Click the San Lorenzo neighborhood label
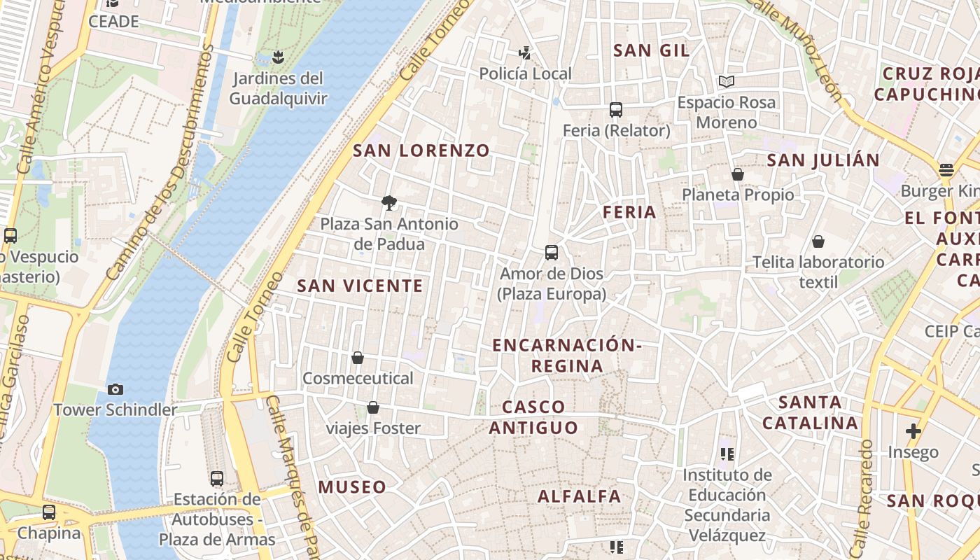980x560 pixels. pos(421,150)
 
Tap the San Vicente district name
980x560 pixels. pos(360,286)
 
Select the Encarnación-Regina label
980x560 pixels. pos(566,356)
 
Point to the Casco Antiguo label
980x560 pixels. pos(533,417)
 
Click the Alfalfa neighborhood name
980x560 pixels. pos(579,496)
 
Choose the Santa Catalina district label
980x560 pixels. pos(810,412)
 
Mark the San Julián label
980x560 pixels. pos(823,160)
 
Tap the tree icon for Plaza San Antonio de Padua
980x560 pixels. pos(389,203)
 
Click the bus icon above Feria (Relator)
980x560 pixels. pos(616,110)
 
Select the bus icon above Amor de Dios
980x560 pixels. pos(552,253)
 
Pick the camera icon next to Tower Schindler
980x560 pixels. pos(115,389)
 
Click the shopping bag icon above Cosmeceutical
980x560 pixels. pos(358,358)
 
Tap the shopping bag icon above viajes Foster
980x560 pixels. pos(373,407)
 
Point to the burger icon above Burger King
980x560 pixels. pos(946,170)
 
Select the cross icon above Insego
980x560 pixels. pos(913,431)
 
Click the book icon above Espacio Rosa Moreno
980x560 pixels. pos(727,82)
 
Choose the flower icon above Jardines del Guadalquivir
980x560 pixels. pos(278,57)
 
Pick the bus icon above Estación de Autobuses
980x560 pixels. pos(217,479)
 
